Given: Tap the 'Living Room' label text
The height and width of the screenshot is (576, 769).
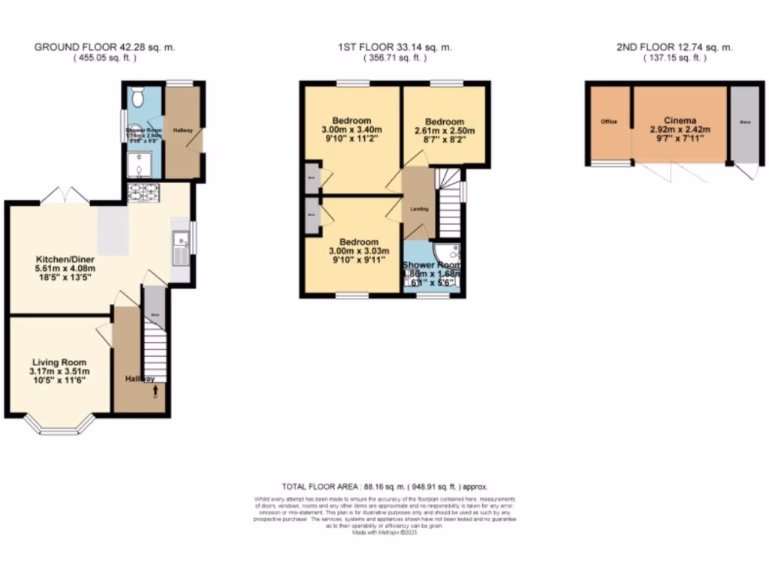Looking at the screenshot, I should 59,361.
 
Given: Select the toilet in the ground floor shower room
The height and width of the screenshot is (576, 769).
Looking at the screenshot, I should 137,98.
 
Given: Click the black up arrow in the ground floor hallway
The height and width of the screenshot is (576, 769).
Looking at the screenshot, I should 155,390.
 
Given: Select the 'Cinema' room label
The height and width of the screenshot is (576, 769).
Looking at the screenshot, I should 680,120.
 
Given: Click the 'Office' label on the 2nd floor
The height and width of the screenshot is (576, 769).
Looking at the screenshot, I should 608,121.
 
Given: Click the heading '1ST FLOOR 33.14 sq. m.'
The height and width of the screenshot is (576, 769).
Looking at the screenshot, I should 394,47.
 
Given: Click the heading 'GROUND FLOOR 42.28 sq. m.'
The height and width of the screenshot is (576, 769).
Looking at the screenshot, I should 105,47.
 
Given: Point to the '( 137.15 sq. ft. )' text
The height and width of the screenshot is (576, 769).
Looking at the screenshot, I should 674,58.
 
